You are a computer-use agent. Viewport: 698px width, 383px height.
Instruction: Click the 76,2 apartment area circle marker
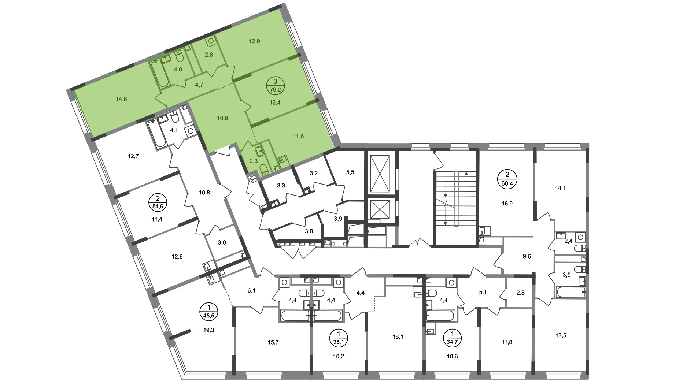coord(275,86)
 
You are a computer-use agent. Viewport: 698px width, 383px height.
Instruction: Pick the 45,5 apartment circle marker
coord(209,311)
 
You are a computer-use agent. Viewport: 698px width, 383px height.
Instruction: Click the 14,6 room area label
coord(121,99)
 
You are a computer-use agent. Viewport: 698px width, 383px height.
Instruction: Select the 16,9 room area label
coord(507,203)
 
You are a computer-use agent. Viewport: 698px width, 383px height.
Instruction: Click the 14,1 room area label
coord(560,189)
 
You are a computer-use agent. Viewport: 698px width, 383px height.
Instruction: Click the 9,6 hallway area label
coord(527,256)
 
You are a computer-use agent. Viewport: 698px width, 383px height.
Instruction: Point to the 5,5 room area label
coord(350,172)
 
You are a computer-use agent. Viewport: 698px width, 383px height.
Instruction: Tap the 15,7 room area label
coord(274,342)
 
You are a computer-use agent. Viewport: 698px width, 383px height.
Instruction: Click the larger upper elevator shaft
coord(380,174)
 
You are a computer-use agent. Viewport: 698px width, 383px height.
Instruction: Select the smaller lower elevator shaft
coord(380,209)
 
